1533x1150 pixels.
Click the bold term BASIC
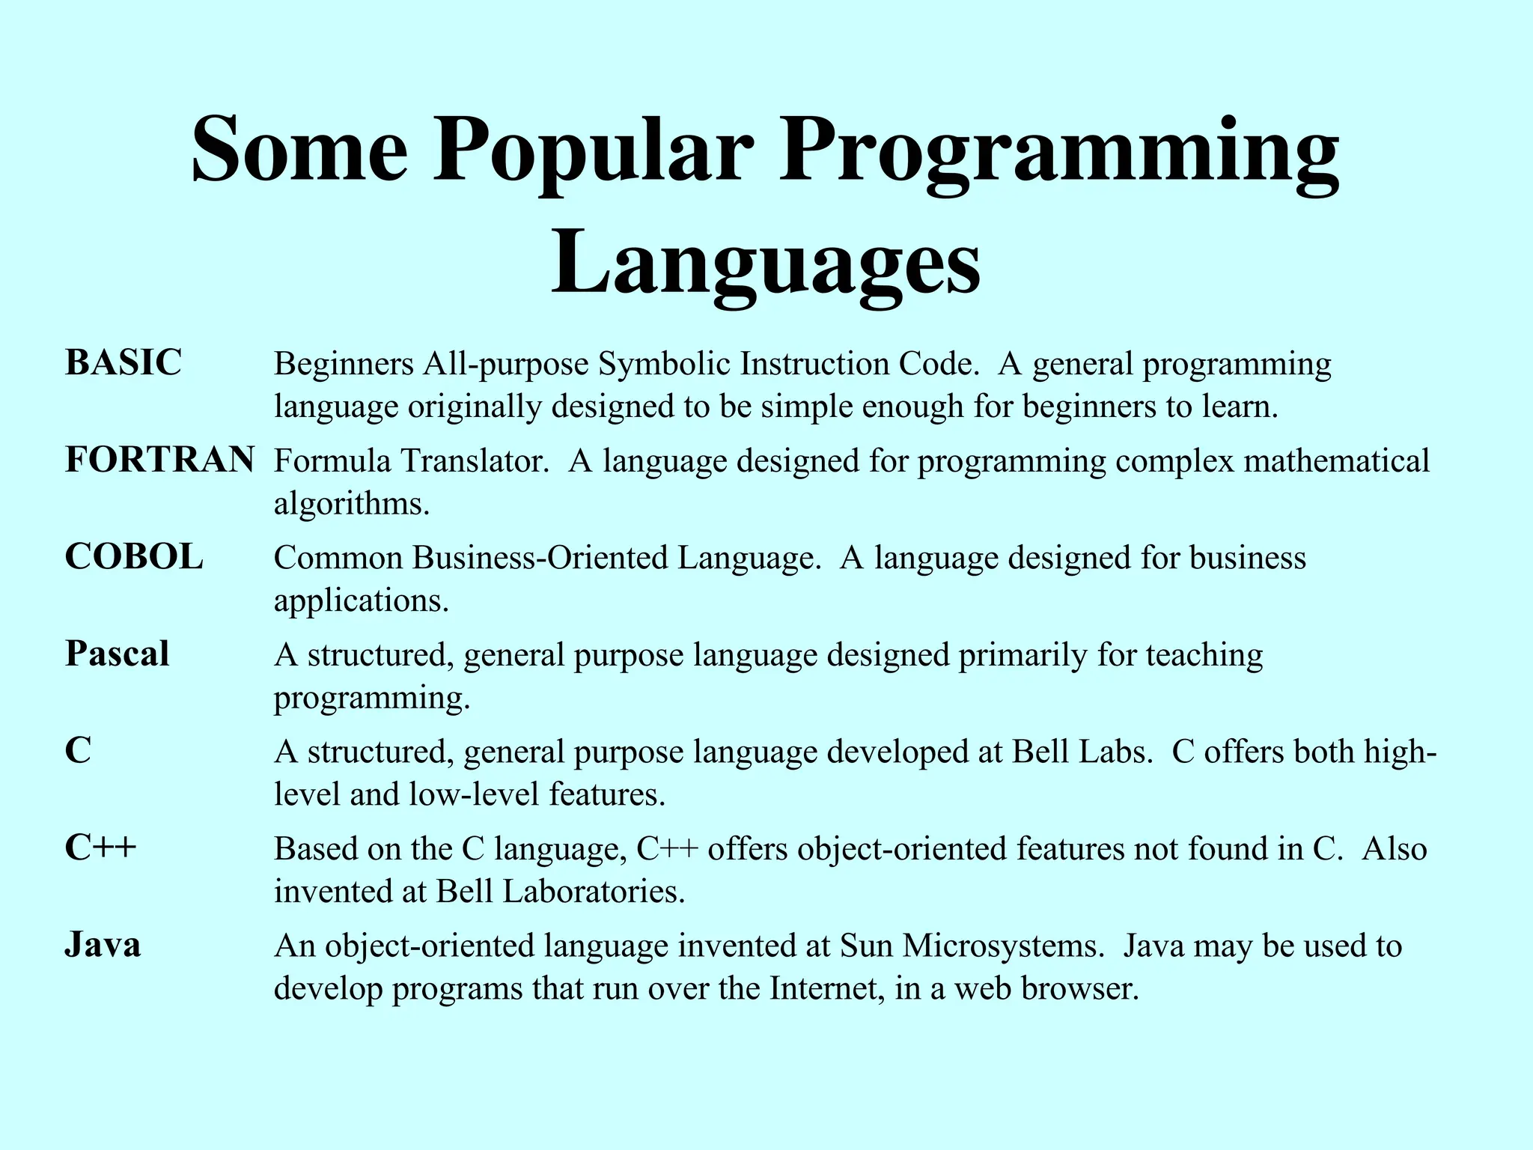124,363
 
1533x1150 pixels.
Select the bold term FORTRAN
159,460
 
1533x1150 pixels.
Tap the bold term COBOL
134,557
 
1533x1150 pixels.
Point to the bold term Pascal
118,654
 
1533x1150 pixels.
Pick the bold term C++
101,848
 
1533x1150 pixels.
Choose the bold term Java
103,944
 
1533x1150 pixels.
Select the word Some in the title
300,150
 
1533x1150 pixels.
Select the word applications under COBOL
361,600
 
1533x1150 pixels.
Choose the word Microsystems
1003,945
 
